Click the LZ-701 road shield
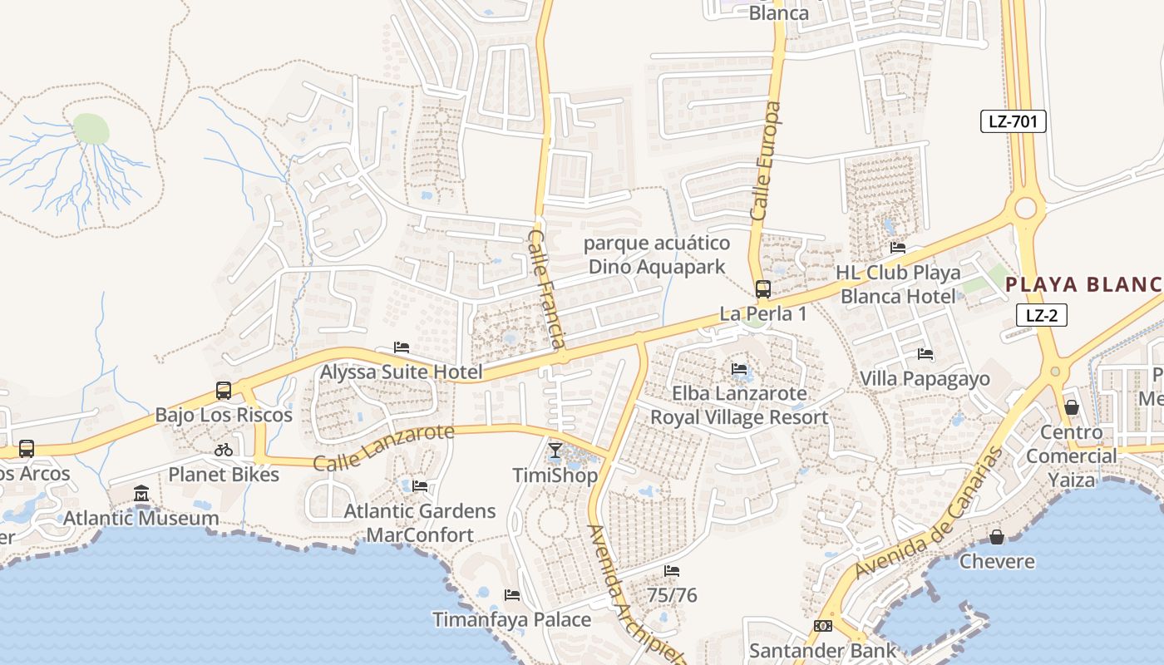[1012, 121]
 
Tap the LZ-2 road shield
[1041, 315]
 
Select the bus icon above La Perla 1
[762, 289]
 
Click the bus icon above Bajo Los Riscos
[223, 390]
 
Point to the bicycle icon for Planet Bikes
[223, 450]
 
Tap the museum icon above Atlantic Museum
[141, 494]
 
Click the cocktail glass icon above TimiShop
[555, 451]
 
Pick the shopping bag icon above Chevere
[996, 537]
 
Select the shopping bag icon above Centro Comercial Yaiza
[1072, 407]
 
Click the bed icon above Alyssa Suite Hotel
[402, 347]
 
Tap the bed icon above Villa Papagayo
[925, 354]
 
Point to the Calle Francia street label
[547, 289]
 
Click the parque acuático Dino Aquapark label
[657, 255]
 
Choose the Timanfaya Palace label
[511, 619]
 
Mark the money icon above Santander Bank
[823, 626]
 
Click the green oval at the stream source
[91, 129]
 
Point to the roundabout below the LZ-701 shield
[1025, 207]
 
